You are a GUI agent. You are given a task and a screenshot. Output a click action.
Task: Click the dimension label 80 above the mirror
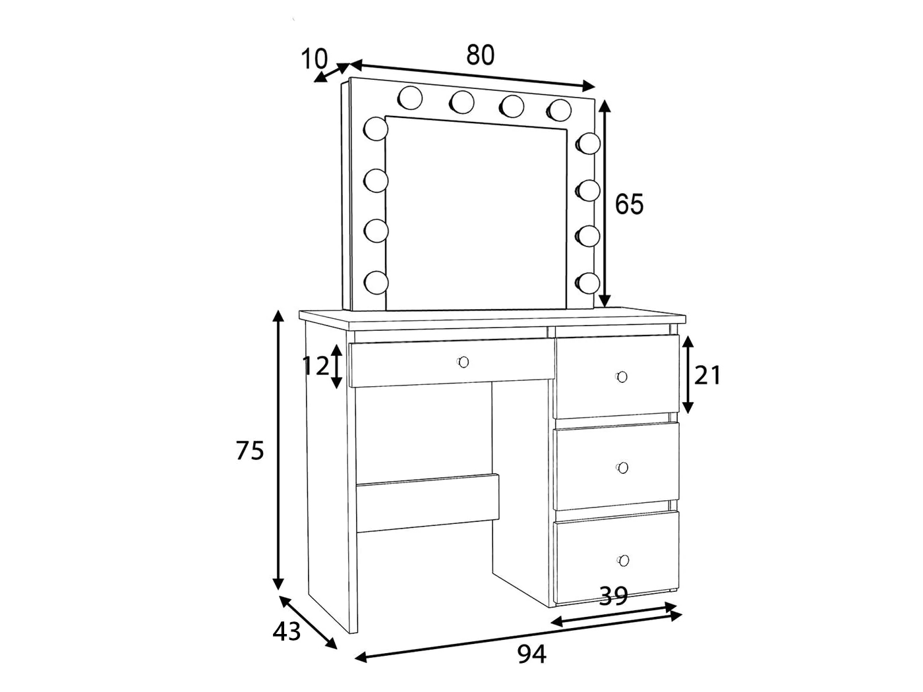click(x=480, y=55)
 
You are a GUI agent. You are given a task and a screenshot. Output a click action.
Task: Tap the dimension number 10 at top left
click(x=314, y=59)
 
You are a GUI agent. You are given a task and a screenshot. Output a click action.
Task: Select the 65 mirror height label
click(x=629, y=204)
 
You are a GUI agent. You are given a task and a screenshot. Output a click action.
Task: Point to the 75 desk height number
click(x=250, y=451)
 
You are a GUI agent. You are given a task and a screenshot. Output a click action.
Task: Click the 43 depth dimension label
click(x=287, y=631)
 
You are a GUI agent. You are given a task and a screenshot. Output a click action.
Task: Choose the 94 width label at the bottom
click(x=531, y=654)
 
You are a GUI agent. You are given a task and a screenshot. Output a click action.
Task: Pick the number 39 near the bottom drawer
click(x=613, y=596)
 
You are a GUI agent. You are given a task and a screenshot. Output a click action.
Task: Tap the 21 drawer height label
click(x=708, y=375)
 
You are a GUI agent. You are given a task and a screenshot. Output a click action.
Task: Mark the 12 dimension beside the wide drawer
click(x=315, y=366)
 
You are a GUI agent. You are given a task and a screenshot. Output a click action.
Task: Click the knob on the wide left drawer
click(x=463, y=362)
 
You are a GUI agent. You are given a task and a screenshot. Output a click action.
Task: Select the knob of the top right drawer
click(x=621, y=377)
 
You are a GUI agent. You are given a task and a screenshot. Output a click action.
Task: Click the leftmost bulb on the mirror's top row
click(x=410, y=98)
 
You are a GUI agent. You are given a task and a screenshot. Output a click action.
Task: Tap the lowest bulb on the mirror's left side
click(x=376, y=282)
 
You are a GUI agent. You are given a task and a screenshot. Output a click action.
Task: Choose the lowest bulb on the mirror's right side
click(x=587, y=283)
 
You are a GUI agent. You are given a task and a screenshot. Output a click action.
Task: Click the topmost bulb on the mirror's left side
click(x=376, y=129)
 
